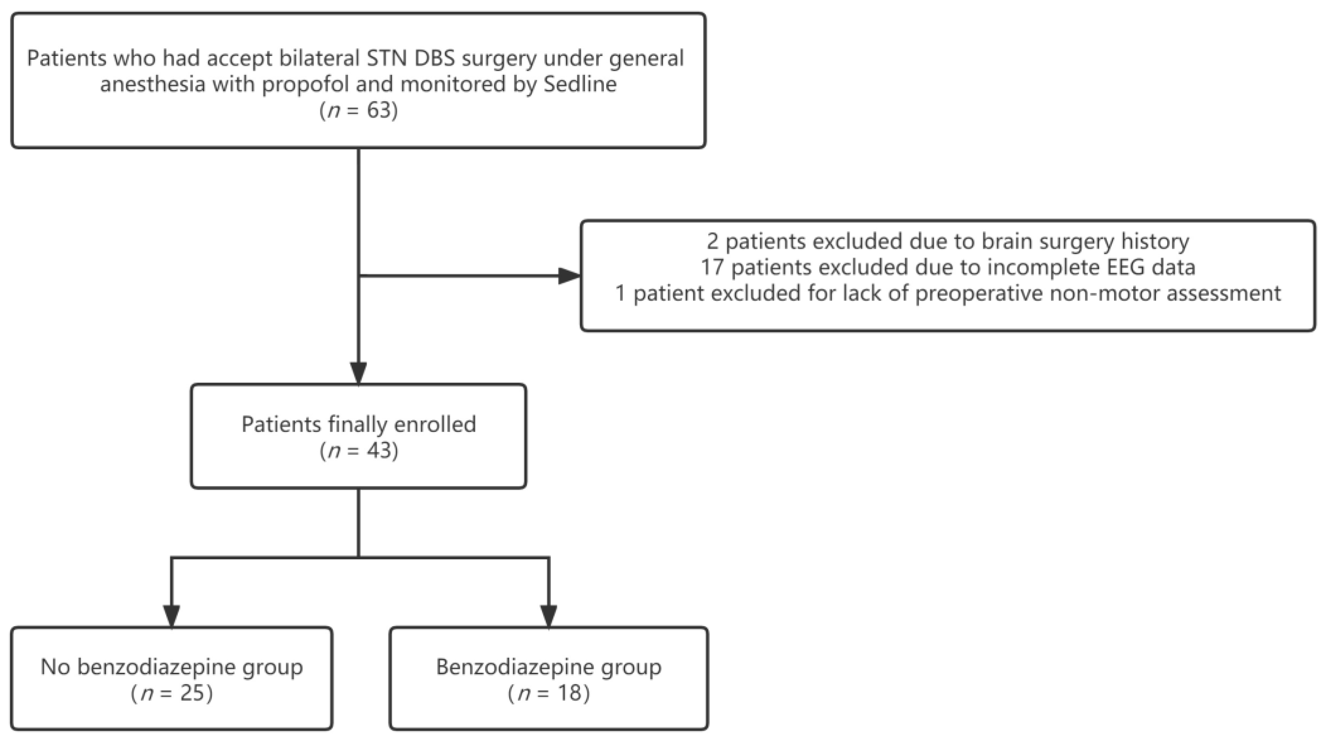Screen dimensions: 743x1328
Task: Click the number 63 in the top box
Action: pyautogui.click(x=380, y=110)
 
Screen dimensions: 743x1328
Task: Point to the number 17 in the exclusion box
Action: pyautogui.click(x=712, y=267)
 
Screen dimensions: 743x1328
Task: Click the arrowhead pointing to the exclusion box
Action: pyautogui.click(x=569, y=276)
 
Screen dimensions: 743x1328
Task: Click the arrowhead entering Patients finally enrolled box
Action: pyautogui.click(x=358, y=372)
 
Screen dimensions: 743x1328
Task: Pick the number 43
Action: pyautogui.click(x=380, y=451)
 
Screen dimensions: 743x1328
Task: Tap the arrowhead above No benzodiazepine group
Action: pyautogui.click(x=171, y=615)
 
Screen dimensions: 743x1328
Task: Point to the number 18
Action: pyautogui.click(x=569, y=693)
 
